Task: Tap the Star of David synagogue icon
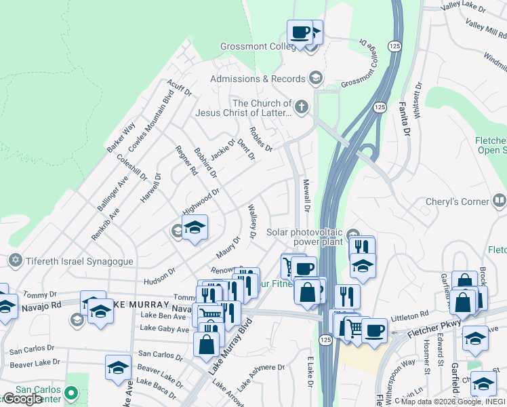click(15, 260)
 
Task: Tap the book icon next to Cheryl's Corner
click(499, 200)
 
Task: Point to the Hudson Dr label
click(159, 275)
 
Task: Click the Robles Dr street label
click(260, 139)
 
